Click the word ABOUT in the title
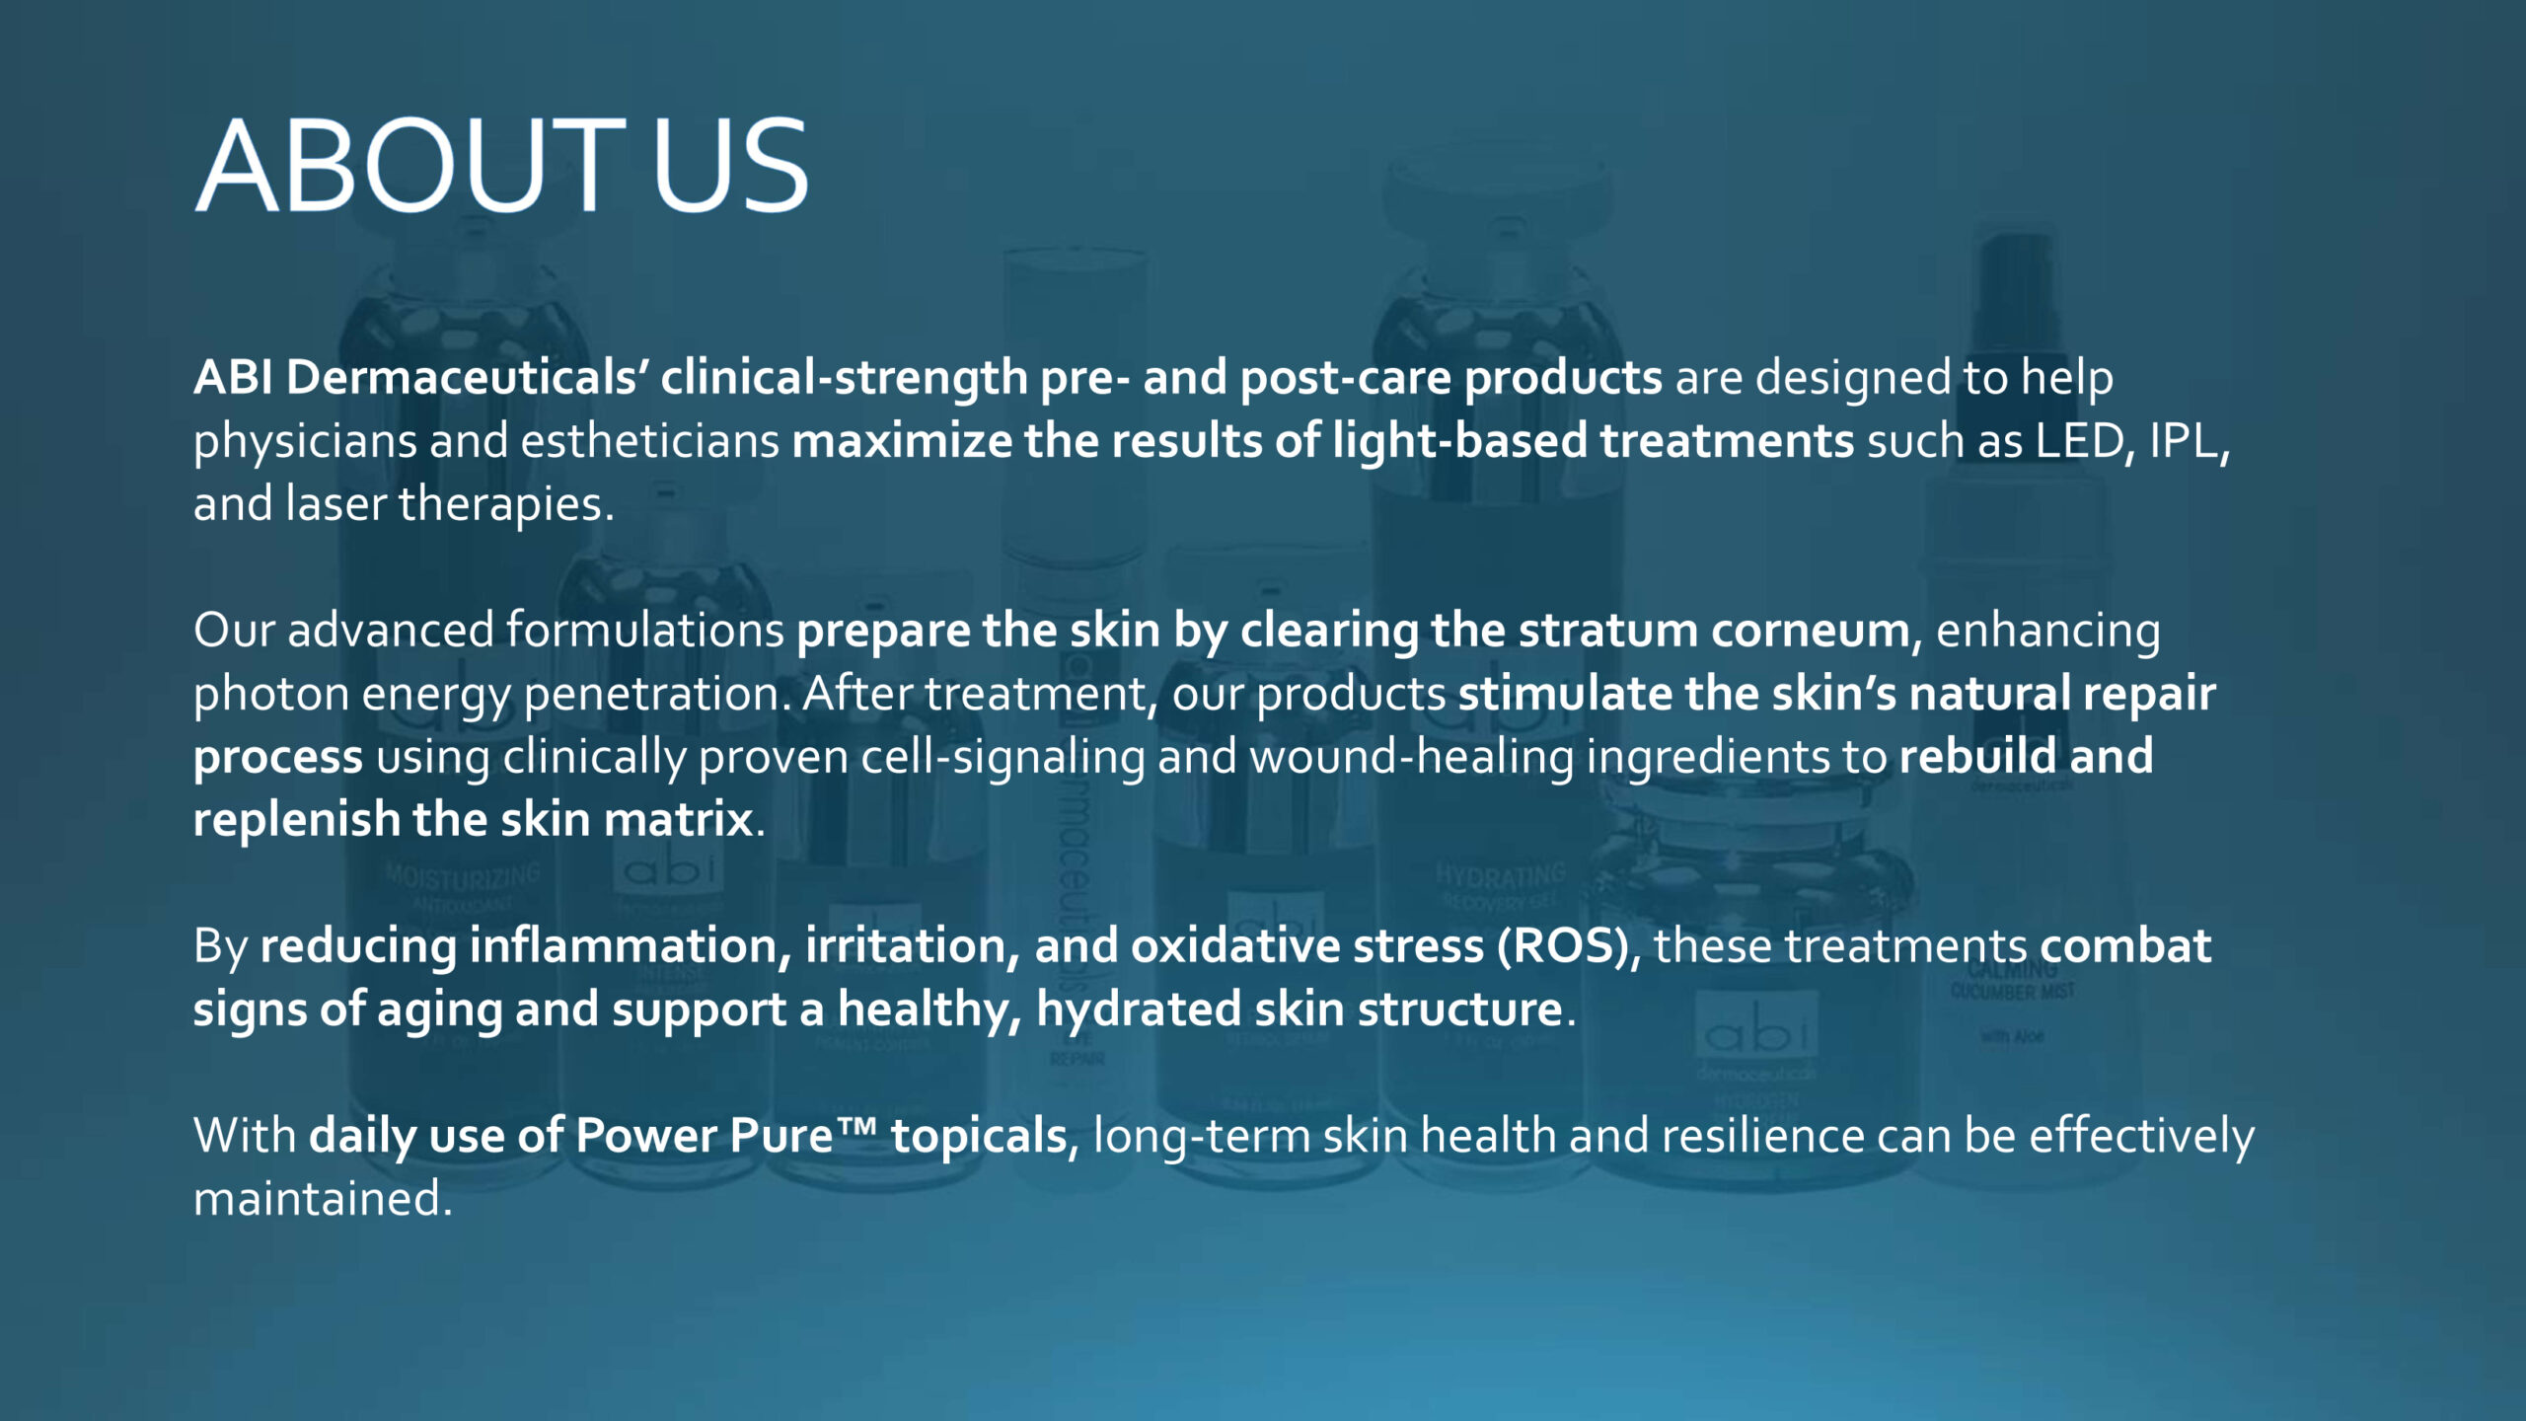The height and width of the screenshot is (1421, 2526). pyautogui.click(x=410, y=165)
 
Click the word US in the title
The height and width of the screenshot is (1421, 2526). pyautogui.click(x=730, y=165)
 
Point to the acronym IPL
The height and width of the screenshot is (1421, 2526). pyautogui.click(x=2185, y=440)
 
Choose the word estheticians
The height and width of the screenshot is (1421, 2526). pyautogui.click(x=650, y=440)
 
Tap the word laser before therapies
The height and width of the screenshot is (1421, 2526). pyautogui.click(x=335, y=503)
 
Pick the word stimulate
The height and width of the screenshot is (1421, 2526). pyautogui.click(x=1565, y=693)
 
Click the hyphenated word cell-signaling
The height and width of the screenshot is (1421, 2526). pyautogui.click(x=1003, y=758)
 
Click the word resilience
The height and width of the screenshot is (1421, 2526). pyautogui.click(x=1763, y=1135)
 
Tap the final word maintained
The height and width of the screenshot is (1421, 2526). pyautogui.click(x=322, y=1198)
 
